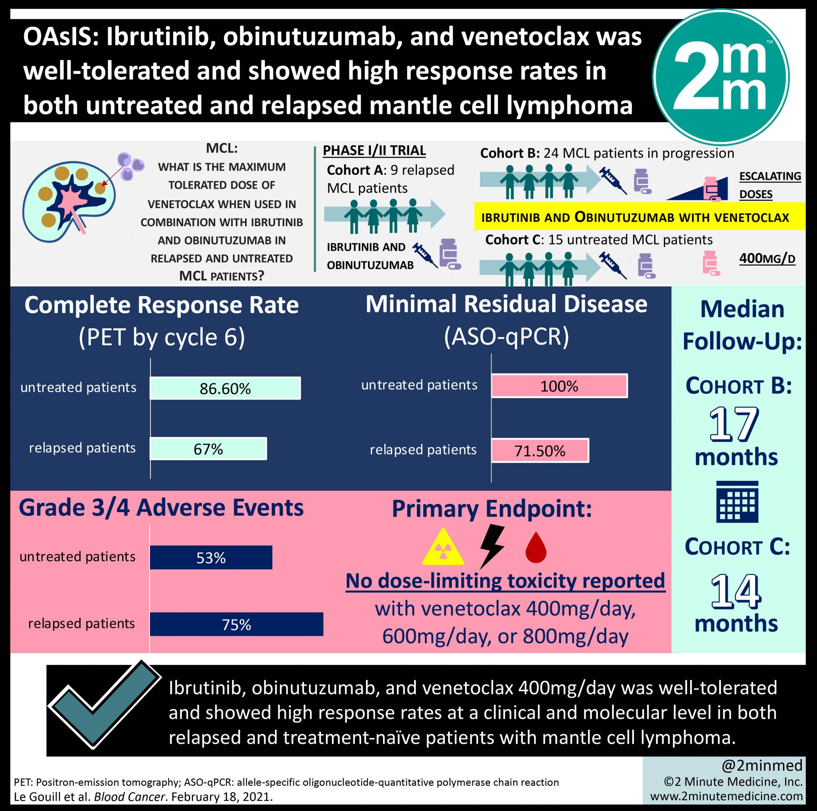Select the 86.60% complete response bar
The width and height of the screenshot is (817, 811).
pyautogui.click(x=225, y=388)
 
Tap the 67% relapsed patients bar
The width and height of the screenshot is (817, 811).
pyautogui.click(x=209, y=448)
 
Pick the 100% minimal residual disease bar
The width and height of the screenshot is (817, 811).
pyautogui.click(x=559, y=386)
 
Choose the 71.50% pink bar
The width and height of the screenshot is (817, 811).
pyautogui.click(x=540, y=450)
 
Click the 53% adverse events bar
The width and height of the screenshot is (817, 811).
pyautogui.click(x=211, y=557)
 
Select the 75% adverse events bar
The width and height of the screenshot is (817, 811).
pyautogui.click(x=237, y=624)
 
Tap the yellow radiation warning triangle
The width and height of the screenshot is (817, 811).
pyautogui.click(x=443, y=548)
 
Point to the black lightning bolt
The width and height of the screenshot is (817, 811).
pyautogui.click(x=492, y=546)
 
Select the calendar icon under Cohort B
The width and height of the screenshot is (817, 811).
pyautogui.click(x=738, y=501)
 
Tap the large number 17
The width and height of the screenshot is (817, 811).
pyautogui.click(x=734, y=424)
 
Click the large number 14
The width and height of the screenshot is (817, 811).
pyautogui.click(x=736, y=591)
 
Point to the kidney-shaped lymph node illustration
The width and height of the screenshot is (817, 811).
pyautogui.click(x=69, y=201)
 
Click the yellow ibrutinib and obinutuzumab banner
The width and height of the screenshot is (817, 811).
pyautogui.click(x=639, y=216)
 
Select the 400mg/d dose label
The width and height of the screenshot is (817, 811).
pyautogui.click(x=767, y=258)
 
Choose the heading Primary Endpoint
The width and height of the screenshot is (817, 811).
pyautogui.click(x=492, y=509)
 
